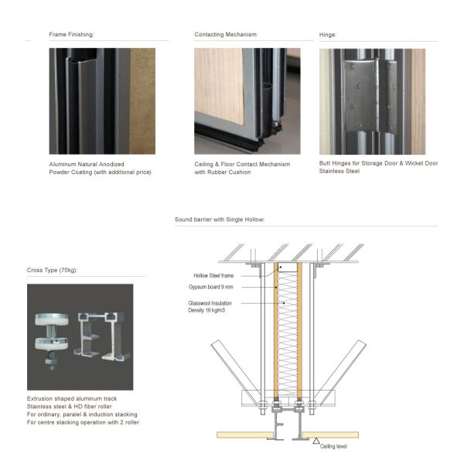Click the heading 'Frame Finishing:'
(71, 34)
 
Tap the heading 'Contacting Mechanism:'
(226, 34)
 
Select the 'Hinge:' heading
(328, 35)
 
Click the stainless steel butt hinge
(370, 96)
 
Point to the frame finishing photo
(102, 101)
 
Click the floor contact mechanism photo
(247, 101)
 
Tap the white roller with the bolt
(52, 341)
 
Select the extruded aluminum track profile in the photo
(102, 336)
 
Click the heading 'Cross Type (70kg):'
(52, 270)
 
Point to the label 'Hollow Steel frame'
(213, 275)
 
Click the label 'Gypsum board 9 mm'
(210, 287)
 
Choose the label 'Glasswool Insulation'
(210, 303)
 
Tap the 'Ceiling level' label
(333, 446)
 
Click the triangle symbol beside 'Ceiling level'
(316, 441)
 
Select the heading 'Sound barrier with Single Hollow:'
(220, 220)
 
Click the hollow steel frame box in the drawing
(288, 267)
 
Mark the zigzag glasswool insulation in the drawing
(288, 334)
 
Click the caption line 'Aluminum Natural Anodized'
(87, 164)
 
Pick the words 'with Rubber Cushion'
(223, 172)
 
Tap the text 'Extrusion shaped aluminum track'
(72, 398)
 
